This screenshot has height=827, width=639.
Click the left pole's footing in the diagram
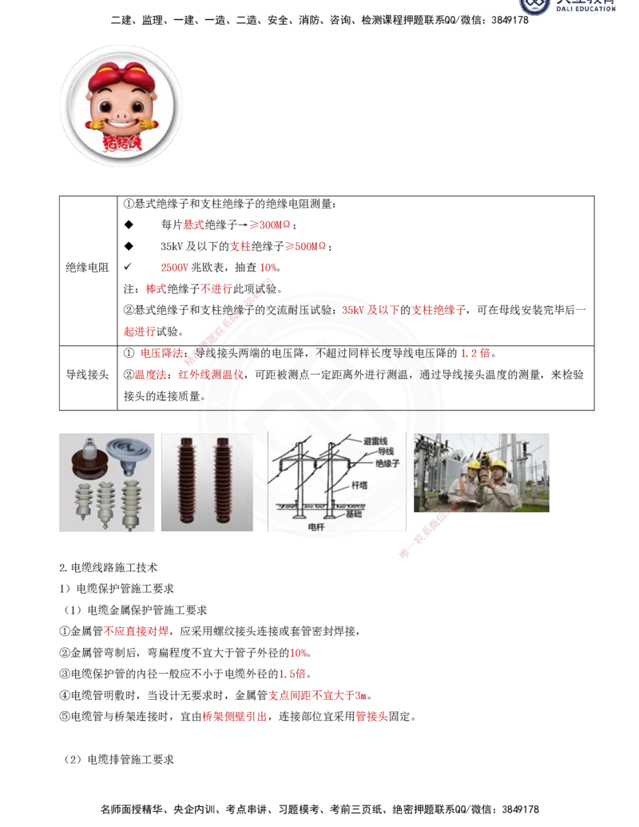296,506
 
